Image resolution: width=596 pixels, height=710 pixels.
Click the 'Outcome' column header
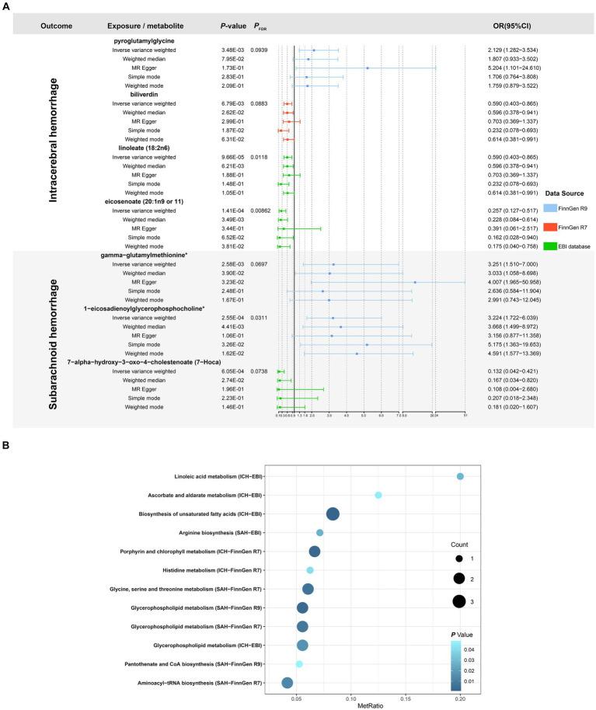(x=57, y=26)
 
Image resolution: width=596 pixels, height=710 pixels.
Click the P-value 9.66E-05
(x=234, y=157)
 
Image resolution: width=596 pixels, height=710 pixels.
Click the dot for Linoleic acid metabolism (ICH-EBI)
(x=460, y=476)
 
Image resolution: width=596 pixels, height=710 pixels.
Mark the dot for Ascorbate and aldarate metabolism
(x=378, y=495)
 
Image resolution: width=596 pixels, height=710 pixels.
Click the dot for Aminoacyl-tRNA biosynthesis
(x=287, y=683)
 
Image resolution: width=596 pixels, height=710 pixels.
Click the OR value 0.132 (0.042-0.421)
(x=516, y=372)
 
